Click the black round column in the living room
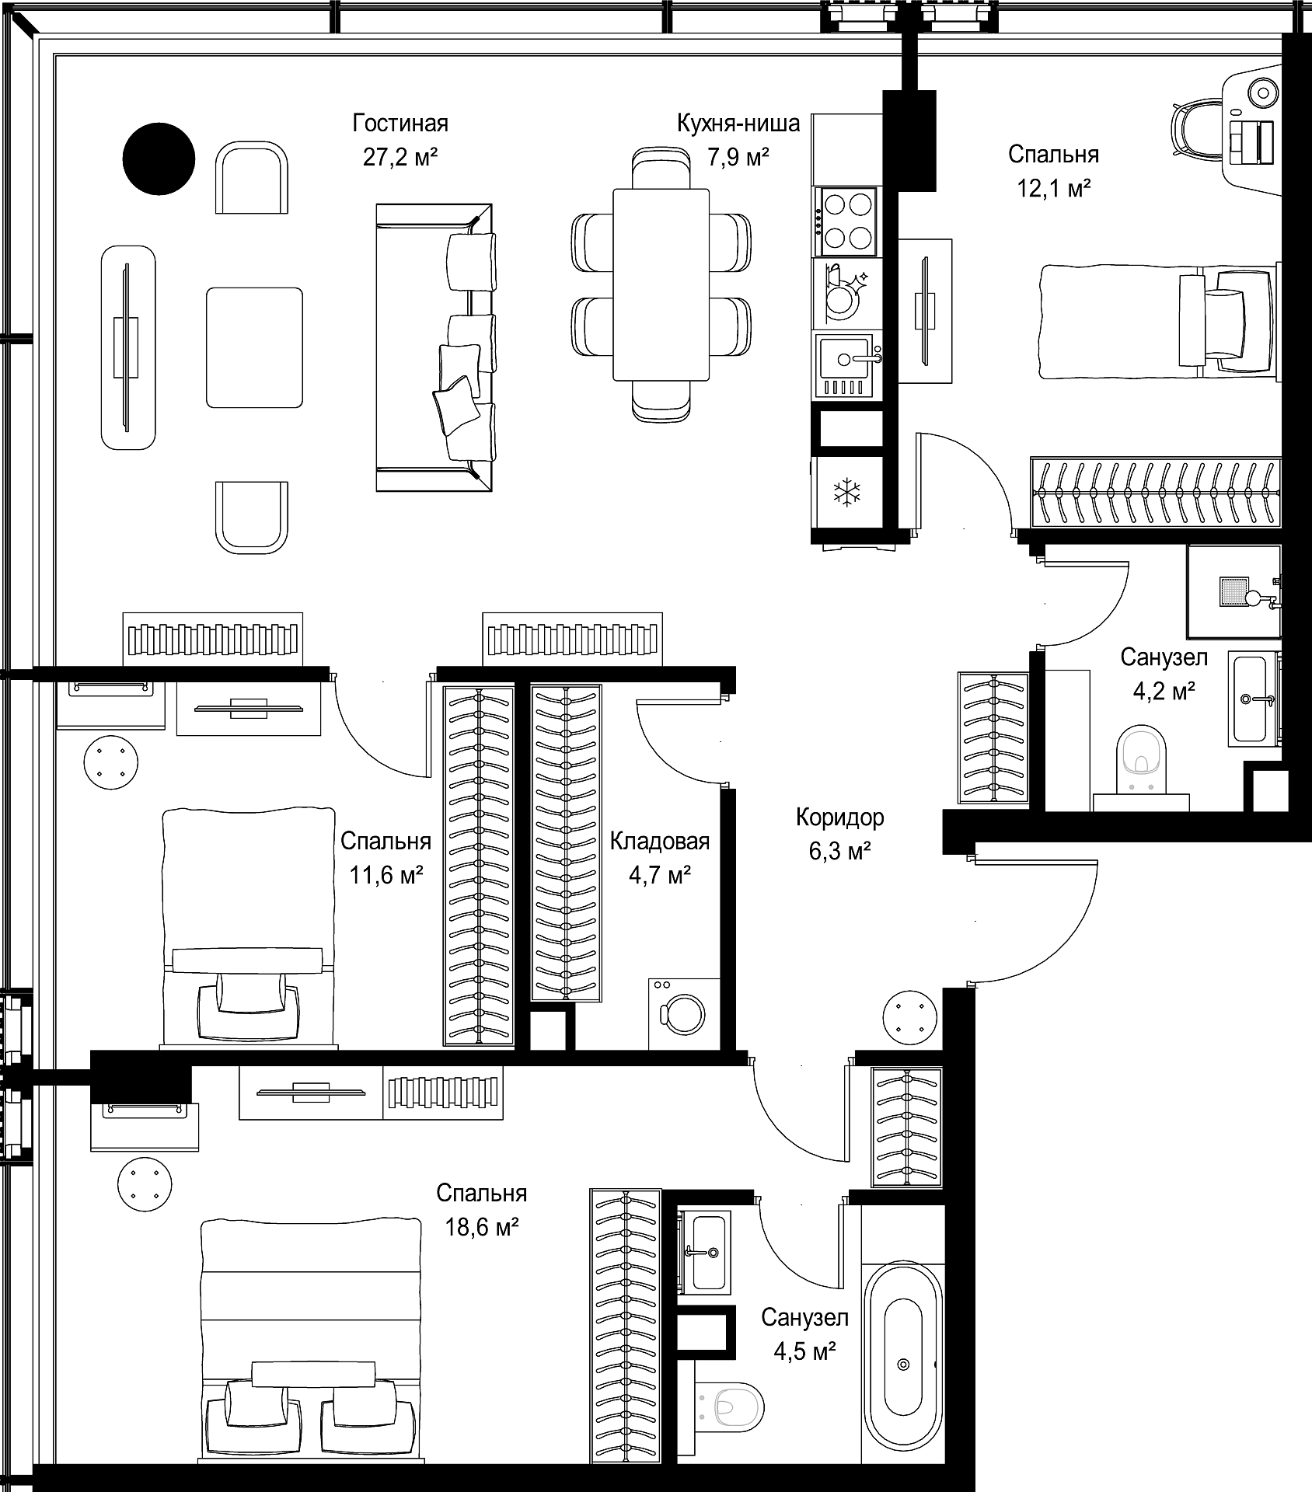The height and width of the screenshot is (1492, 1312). click(x=159, y=159)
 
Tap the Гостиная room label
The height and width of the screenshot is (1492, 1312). click(x=400, y=124)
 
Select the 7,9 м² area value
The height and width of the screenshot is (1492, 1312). click(x=738, y=158)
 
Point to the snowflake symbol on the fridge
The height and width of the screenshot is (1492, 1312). click(x=846, y=491)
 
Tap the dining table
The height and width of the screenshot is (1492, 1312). click(x=661, y=284)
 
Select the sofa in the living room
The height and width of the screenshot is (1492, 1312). click(x=434, y=347)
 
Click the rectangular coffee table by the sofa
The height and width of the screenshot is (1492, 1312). click(x=254, y=347)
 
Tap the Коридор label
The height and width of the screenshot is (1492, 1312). click(x=839, y=817)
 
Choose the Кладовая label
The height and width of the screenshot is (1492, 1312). click(x=660, y=842)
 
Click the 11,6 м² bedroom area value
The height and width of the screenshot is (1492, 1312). click(x=386, y=876)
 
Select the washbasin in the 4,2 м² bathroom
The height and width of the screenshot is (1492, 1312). click(x=1254, y=699)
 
